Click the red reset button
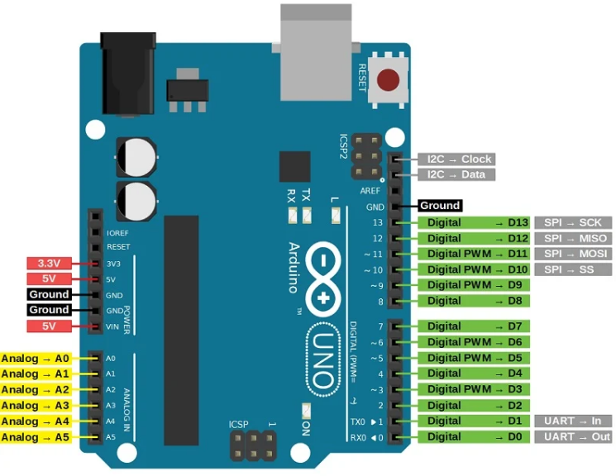click(x=388, y=79)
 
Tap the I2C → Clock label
click(x=456, y=159)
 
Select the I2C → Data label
click(x=456, y=174)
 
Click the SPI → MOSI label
click(x=573, y=254)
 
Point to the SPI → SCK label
click(x=573, y=222)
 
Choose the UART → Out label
click(x=573, y=436)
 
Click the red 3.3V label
click(x=49, y=263)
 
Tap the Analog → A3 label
click(x=36, y=405)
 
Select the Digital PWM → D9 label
click(x=474, y=285)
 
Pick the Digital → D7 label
click(x=474, y=326)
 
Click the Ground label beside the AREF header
click(x=440, y=206)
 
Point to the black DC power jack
click(x=128, y=74)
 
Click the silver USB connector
click(x=316, y=52)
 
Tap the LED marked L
click(x=336, y=216)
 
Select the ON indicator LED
click(x=306, y=411)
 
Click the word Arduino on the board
click(x=294, y=268)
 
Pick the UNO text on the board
click(x=323, y=359)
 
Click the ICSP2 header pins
click(x=366, y=156)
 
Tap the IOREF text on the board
click(x=117, y=233)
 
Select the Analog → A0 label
click(x=36, y=358)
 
